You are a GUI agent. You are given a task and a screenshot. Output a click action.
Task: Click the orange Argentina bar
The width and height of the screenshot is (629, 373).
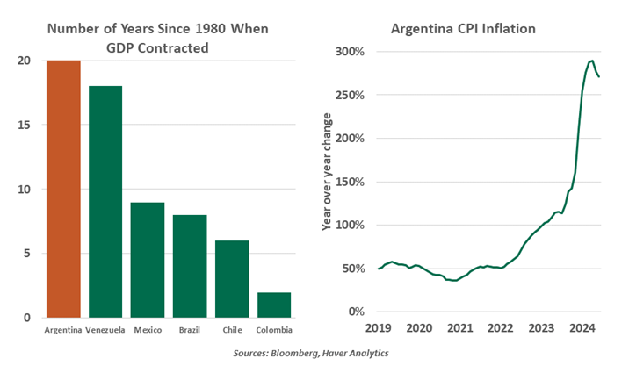click(64, 189)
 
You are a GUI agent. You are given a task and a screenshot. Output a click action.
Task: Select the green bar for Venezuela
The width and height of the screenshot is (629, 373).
click(105, 202)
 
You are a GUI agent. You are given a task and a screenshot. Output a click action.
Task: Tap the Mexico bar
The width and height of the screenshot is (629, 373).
click(148, 260)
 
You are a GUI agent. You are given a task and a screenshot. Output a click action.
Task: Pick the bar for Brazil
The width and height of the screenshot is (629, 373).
click(190, 266)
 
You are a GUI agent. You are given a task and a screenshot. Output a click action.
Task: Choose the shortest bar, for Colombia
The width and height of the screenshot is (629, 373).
click(274, 305)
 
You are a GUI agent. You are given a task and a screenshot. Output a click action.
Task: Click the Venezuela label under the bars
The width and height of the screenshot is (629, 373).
click(106, 330)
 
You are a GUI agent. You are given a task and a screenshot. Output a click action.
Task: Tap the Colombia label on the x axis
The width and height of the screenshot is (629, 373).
click(274, 330)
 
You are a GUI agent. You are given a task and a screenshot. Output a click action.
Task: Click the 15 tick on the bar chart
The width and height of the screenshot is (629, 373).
click(27, 125)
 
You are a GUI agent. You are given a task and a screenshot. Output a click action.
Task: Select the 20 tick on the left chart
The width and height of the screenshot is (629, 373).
click(27, 61)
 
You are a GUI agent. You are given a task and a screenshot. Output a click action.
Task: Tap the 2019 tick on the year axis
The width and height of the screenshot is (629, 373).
click(378, 328)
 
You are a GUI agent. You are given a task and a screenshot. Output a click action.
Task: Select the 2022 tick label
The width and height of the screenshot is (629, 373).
click(501, 328)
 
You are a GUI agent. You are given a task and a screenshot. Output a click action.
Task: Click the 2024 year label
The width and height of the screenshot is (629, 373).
click(583, 328)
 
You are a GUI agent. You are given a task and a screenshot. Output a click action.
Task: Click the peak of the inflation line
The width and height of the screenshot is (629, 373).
click(592, 61)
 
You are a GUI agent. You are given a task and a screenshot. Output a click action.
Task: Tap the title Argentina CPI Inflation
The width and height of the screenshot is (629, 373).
click(463, 29)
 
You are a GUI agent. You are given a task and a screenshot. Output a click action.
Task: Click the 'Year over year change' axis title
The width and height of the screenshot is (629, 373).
click(326, 171)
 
